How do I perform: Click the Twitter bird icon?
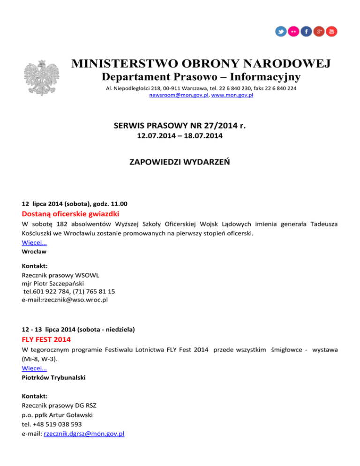[x=281, y=31]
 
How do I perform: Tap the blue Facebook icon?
[x=306, y=31]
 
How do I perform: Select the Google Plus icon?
[x=319, y=31]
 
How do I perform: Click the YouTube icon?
[x=331, y=31]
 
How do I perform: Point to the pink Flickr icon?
[x=293, y=31]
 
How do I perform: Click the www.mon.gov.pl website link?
[x=229, y=95]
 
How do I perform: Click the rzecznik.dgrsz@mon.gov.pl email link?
[x=83, y=434]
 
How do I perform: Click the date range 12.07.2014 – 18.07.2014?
[x=180, y=136]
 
